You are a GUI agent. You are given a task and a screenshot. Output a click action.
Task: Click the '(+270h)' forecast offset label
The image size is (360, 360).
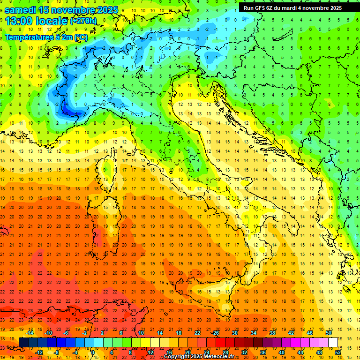click(x=83, y=21)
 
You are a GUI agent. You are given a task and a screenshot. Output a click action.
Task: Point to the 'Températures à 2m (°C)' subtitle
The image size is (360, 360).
click(x=46, y=37)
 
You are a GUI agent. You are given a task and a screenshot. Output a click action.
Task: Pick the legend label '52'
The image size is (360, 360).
click(x=338, y=352)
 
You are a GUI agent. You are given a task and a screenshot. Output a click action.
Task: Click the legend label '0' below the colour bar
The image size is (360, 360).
click(x=93, y=352)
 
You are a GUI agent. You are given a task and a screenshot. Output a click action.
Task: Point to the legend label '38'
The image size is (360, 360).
click(x=272, y=333)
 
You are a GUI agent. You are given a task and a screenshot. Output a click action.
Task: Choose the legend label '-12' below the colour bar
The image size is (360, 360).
click(x=39, y=352)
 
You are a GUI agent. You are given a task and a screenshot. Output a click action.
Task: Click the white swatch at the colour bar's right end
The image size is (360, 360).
click(x=333, y=342)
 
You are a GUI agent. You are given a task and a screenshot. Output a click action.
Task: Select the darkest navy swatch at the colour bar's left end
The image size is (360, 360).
click(x=23, y=342)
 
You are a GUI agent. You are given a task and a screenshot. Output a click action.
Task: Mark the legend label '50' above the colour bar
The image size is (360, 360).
click(x=329, y=333)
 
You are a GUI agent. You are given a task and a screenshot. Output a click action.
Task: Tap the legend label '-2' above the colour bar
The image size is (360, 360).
click(x=84, y=333)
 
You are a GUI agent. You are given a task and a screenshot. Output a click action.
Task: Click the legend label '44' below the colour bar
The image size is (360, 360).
click(x=300, y=352)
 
